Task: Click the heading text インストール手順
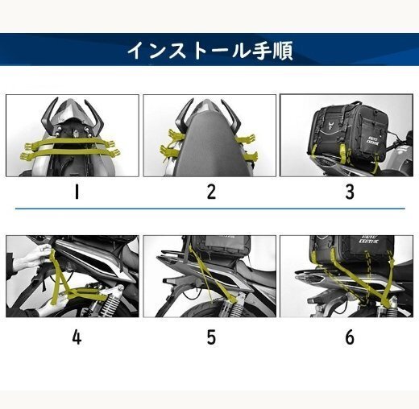point(209,51)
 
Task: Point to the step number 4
point(77,337)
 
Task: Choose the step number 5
point(211,337)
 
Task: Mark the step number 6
point(349,337)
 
